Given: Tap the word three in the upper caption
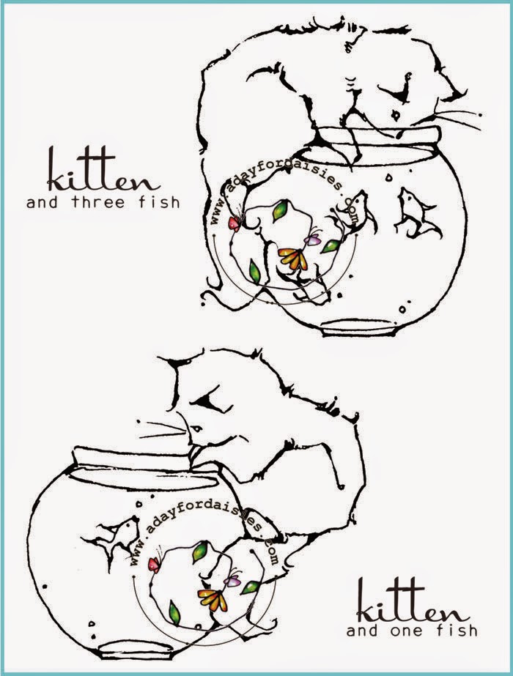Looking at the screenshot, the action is (x=98, y=201).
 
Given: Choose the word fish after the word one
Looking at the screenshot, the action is (x=457, y=631).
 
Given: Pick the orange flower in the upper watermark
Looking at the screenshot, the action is (x=293, y=258).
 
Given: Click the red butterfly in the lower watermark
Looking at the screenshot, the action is (x=154, y=563).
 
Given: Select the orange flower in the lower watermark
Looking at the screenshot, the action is (x=213, y=599).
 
